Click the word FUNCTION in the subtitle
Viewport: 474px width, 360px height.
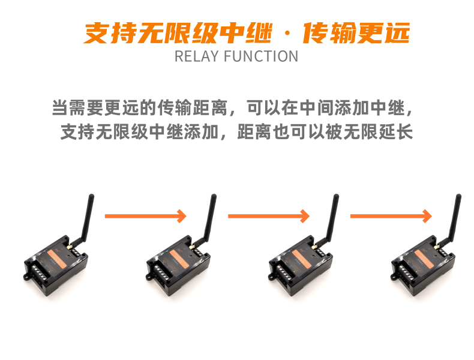(261, 56)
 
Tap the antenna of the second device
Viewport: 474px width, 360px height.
(208, 218)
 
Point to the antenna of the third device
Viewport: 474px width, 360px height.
(331, 218)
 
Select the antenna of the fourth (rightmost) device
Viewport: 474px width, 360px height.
(453, 218)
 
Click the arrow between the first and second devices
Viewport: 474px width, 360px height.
(145, 216)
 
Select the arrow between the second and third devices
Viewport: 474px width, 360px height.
(268, 216)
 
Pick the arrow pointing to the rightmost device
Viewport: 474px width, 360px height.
(391, 216)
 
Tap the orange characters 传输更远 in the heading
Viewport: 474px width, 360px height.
(356, 32)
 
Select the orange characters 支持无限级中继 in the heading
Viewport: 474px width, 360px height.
(178, 32)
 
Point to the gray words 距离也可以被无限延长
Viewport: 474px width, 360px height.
(325, 132)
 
